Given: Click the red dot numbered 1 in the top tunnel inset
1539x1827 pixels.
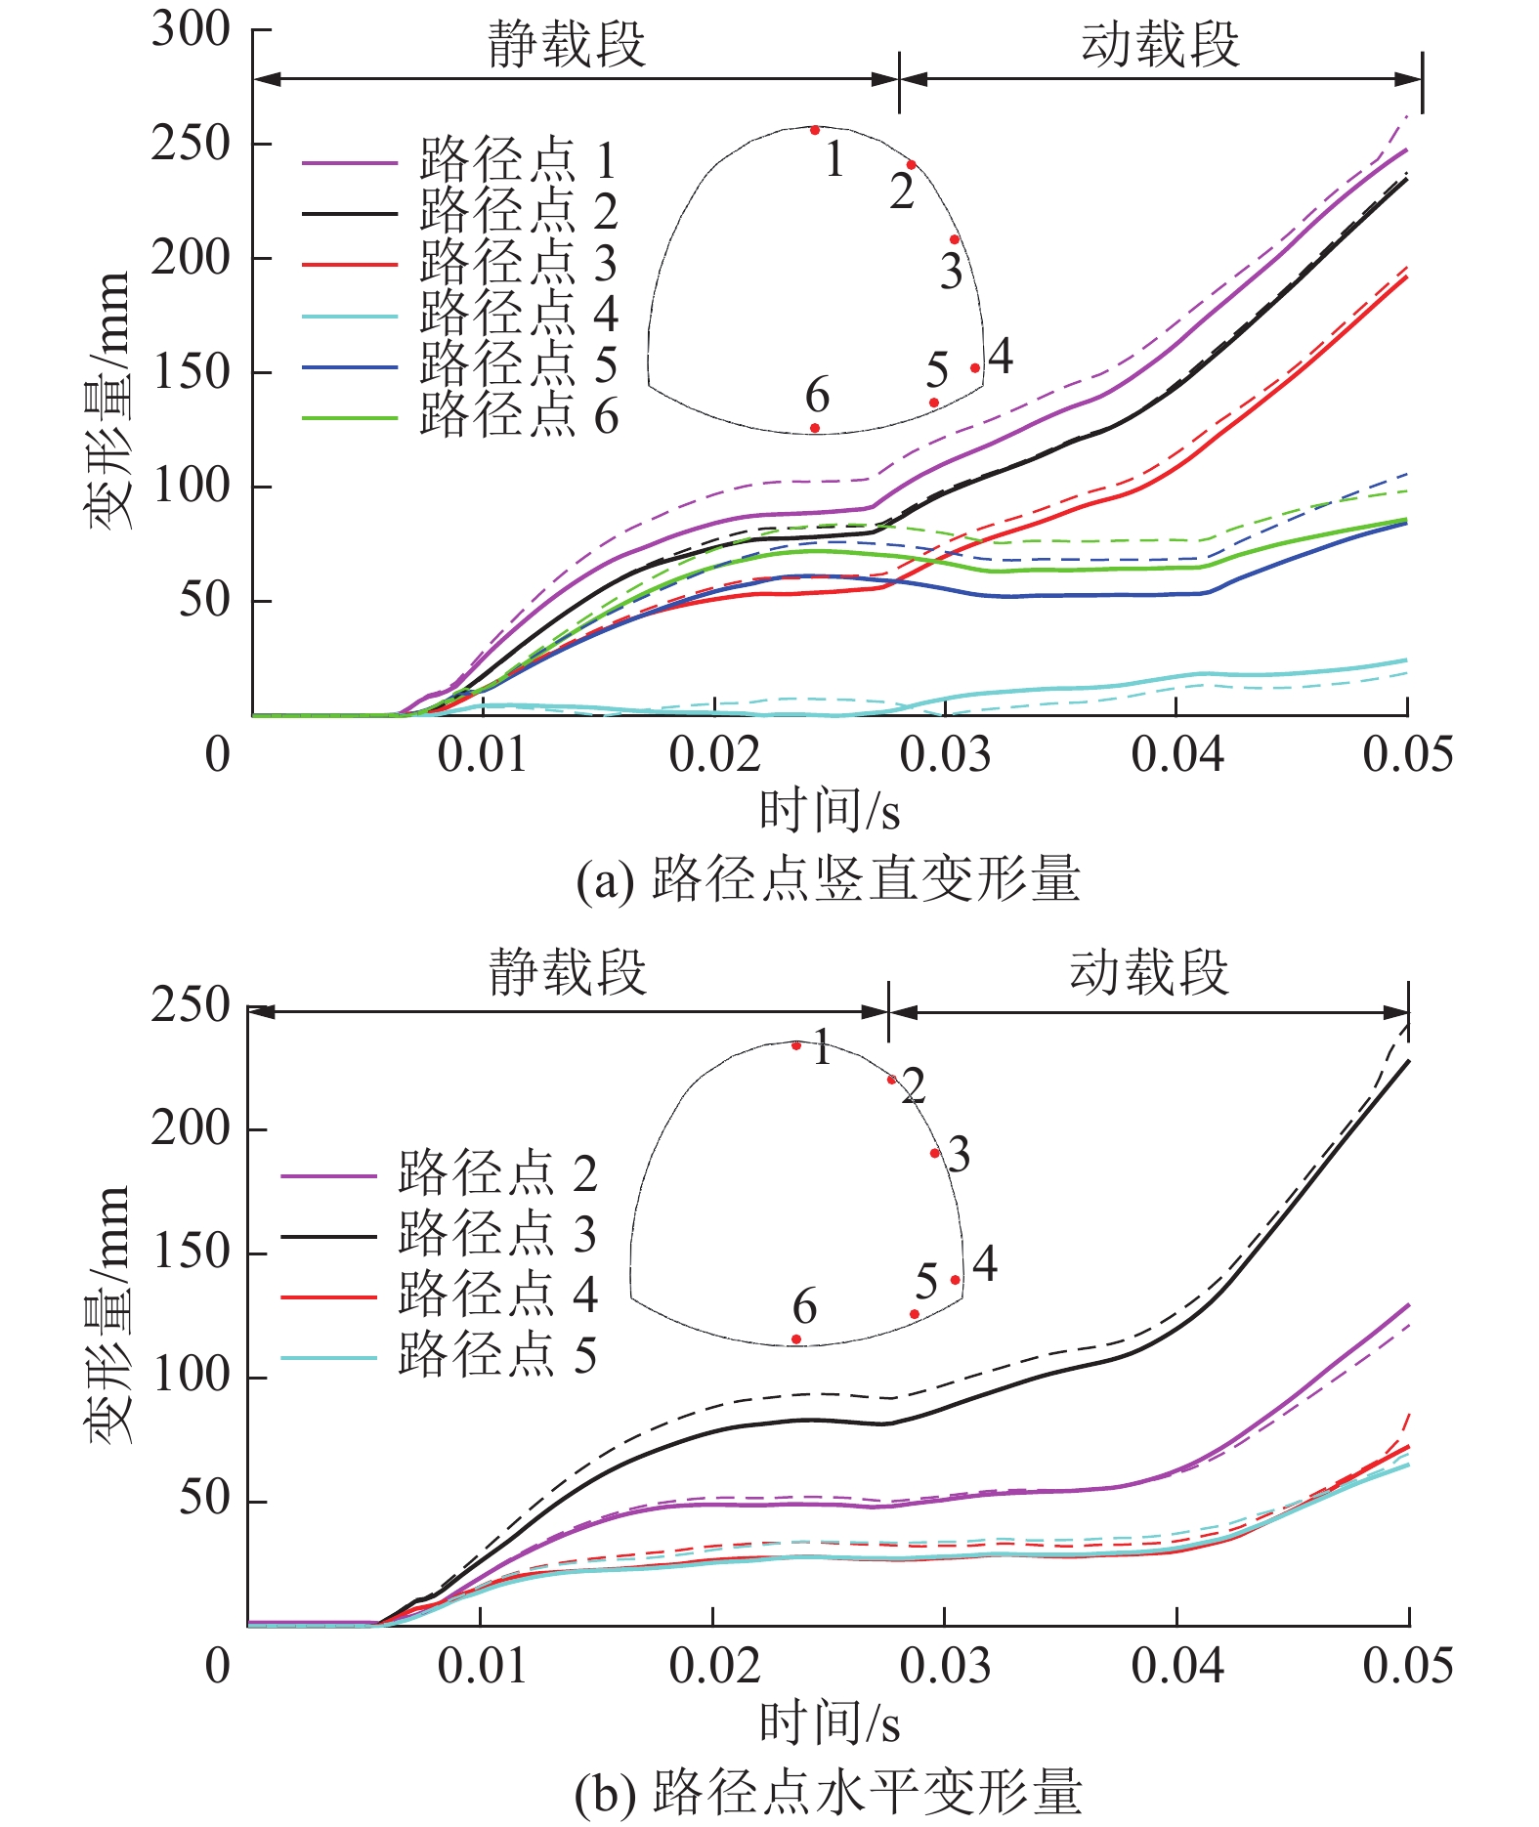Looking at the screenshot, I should tap(815, 130).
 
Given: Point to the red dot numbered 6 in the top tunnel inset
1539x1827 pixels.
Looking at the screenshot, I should tap(815, 428).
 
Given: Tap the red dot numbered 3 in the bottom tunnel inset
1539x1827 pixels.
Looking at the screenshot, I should tap(935, 1153).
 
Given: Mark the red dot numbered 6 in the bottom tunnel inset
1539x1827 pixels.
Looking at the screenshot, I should tap(796, 1339).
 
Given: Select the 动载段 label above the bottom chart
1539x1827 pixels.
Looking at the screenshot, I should tap(1148, 973).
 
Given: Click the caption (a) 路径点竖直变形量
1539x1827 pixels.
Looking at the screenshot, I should tap(828, 878).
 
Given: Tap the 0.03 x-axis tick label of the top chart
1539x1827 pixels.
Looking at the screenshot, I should tap(945, 755).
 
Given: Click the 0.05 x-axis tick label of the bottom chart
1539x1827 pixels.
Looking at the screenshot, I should tap(1407, 1667).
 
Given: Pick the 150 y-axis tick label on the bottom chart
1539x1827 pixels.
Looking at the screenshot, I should tap(192, 1252).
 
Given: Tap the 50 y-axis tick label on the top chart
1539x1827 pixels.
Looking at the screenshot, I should tap(205, 600).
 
